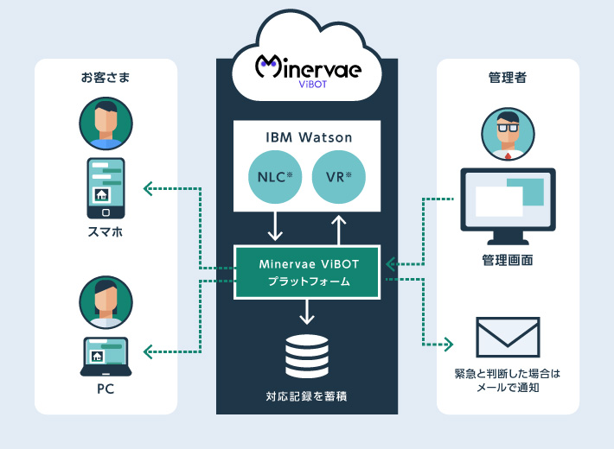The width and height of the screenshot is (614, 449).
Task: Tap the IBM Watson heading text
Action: [x=308, y=136]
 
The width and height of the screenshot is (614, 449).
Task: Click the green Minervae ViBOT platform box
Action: [x=308, y=272]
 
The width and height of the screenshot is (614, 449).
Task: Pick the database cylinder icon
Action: [x=307, y=357]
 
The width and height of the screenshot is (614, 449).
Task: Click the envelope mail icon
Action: [x=508, y=338]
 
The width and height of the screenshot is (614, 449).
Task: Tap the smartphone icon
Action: [x=106, y=188]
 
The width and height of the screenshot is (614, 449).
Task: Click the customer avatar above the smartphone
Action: [x=106, y=123]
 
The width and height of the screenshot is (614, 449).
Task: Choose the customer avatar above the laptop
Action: [x=106, y=302]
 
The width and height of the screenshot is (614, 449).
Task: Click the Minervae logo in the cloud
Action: [x=308, y=67]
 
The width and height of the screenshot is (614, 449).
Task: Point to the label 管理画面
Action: [x=508, y=259]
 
